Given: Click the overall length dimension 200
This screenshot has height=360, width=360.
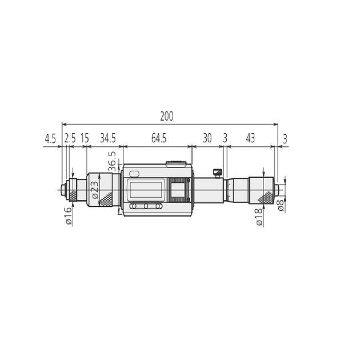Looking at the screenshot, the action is [167, 116].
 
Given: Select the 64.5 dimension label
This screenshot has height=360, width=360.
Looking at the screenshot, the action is [159, 138].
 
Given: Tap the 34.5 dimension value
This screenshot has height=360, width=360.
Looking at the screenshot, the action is [108, 138].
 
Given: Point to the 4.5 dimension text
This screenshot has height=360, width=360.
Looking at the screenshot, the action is [50, 139].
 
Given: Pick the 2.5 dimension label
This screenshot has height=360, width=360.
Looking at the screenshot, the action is [70, 138].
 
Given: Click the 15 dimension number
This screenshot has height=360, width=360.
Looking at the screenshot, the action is [85, 138].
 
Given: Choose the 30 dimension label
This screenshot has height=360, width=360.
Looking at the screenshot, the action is [207, 138].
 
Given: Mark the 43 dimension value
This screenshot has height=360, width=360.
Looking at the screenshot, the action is [250, 138].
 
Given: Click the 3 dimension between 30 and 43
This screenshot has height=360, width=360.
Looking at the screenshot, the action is [225, 138].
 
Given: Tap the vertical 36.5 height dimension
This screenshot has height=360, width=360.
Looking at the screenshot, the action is [112, 161].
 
